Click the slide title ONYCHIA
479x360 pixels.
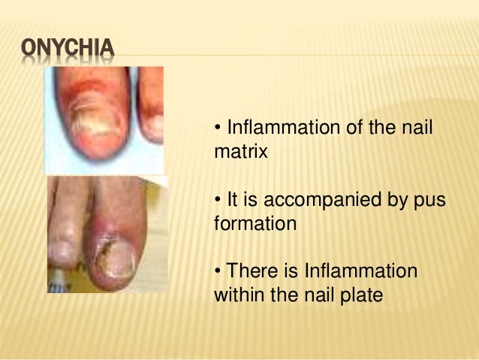click(x=68, y=50)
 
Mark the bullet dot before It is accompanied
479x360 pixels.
click(x=218, y=201)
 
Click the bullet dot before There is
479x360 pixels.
click(x=218, y=271)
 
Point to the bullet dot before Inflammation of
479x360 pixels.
click(x=218, y=129)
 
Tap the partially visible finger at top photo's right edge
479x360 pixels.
click(x=152, y=105)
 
